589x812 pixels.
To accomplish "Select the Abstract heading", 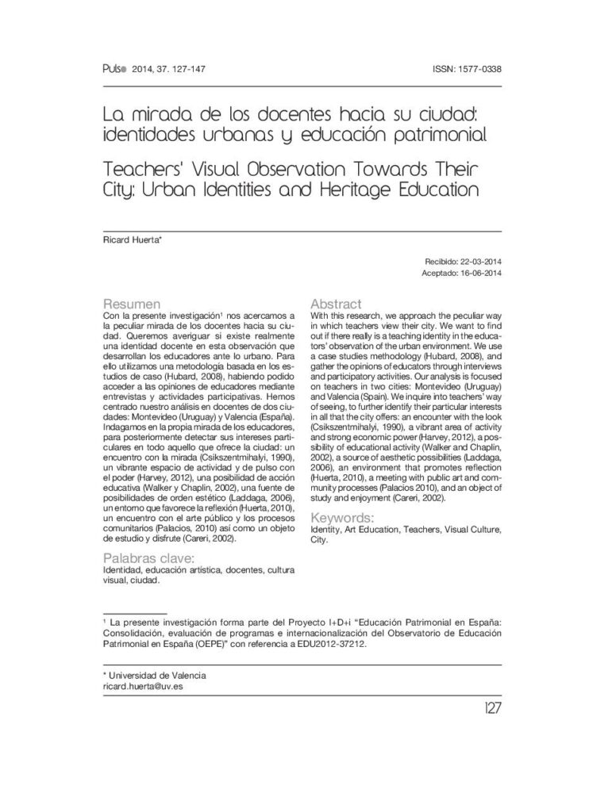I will [x=337, y=304].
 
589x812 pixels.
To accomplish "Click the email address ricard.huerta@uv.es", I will [x=144, y=686].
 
